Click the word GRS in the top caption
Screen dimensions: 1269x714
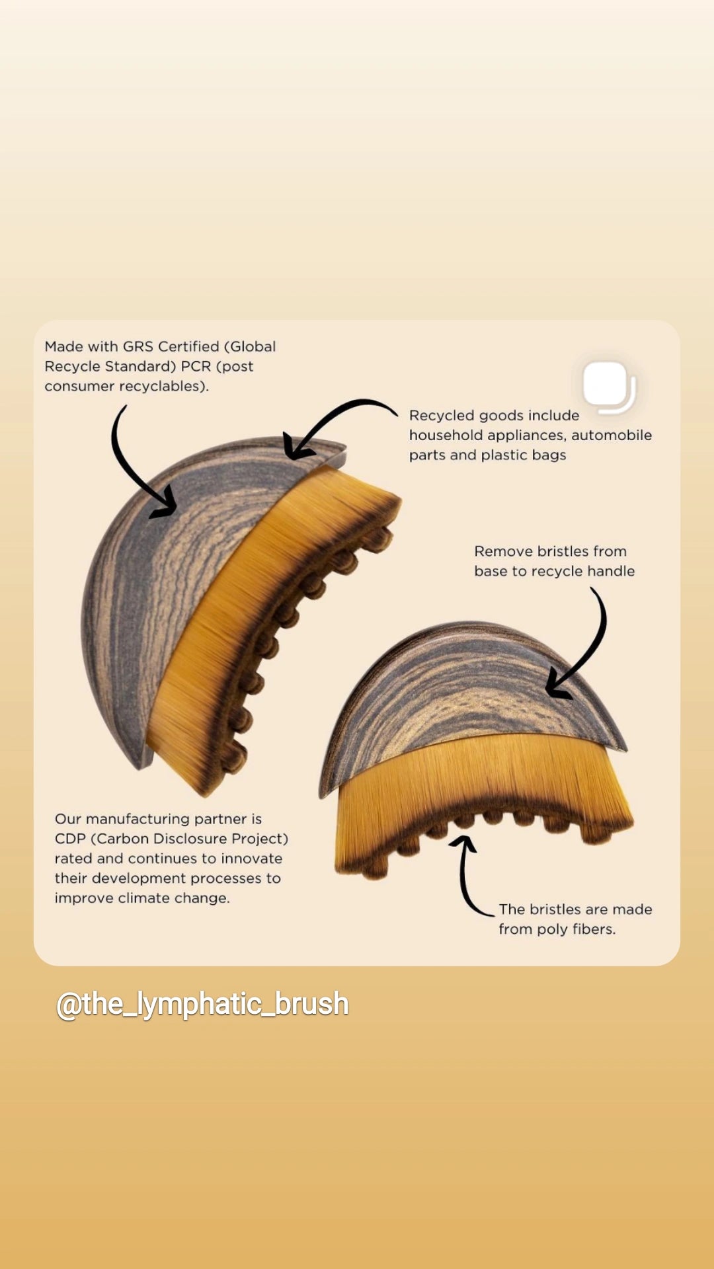(x=138, y=346)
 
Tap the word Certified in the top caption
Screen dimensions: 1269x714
(x=188, y=346)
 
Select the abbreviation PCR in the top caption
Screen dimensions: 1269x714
(x=196, y=366)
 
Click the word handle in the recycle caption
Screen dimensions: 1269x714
(x=610, y=571)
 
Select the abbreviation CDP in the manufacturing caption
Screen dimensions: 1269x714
(x=70, y=839)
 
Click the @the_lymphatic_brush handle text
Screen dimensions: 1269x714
(x=202, y=1004)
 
